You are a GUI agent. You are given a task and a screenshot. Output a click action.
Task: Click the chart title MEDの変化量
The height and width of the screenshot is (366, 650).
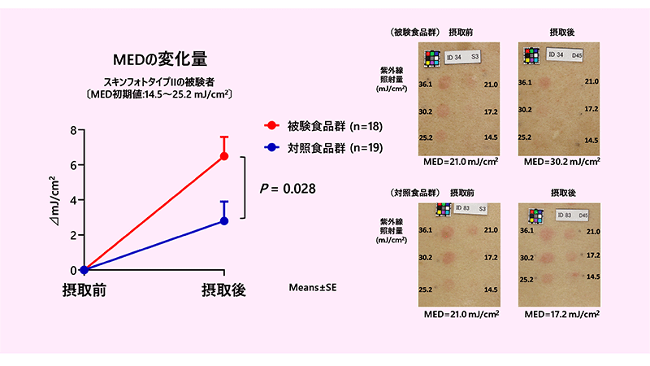160,59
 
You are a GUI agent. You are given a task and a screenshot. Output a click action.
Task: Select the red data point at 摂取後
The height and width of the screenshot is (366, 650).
224,156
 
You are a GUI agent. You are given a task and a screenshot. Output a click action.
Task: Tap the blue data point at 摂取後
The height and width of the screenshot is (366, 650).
224,221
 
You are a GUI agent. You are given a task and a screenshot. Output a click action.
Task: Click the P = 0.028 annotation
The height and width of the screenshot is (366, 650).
288,189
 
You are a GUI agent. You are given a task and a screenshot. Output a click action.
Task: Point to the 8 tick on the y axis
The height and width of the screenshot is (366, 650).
74,130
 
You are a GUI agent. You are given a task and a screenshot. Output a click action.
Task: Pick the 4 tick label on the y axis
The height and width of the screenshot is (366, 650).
74,200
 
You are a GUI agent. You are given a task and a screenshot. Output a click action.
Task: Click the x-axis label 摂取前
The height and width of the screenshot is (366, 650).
84,290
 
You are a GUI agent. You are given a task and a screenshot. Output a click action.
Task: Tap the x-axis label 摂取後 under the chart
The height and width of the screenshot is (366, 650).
224,290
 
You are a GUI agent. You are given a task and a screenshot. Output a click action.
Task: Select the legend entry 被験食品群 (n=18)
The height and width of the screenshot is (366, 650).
323,126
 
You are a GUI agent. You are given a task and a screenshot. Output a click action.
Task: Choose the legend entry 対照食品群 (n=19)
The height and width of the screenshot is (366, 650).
323,148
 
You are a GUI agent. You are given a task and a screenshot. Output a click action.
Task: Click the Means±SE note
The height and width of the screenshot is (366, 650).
313,288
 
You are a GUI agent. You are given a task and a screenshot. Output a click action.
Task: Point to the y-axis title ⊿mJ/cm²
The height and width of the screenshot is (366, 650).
54,200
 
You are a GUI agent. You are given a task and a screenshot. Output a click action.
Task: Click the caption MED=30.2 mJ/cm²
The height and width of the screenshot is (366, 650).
561,161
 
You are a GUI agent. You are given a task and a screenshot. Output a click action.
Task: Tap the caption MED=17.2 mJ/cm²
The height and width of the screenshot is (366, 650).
561,314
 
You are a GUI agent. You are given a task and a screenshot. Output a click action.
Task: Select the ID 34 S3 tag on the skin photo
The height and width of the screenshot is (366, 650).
462,57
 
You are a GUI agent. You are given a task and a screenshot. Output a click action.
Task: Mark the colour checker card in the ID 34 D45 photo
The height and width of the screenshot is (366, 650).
531,55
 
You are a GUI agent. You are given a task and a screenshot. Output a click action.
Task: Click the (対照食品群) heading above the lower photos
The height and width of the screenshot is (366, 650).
414,193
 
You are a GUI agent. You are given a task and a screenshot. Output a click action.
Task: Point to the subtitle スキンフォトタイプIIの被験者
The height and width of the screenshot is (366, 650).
158,82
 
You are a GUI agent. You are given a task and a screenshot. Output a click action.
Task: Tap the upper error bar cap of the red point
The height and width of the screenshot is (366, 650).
224,137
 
